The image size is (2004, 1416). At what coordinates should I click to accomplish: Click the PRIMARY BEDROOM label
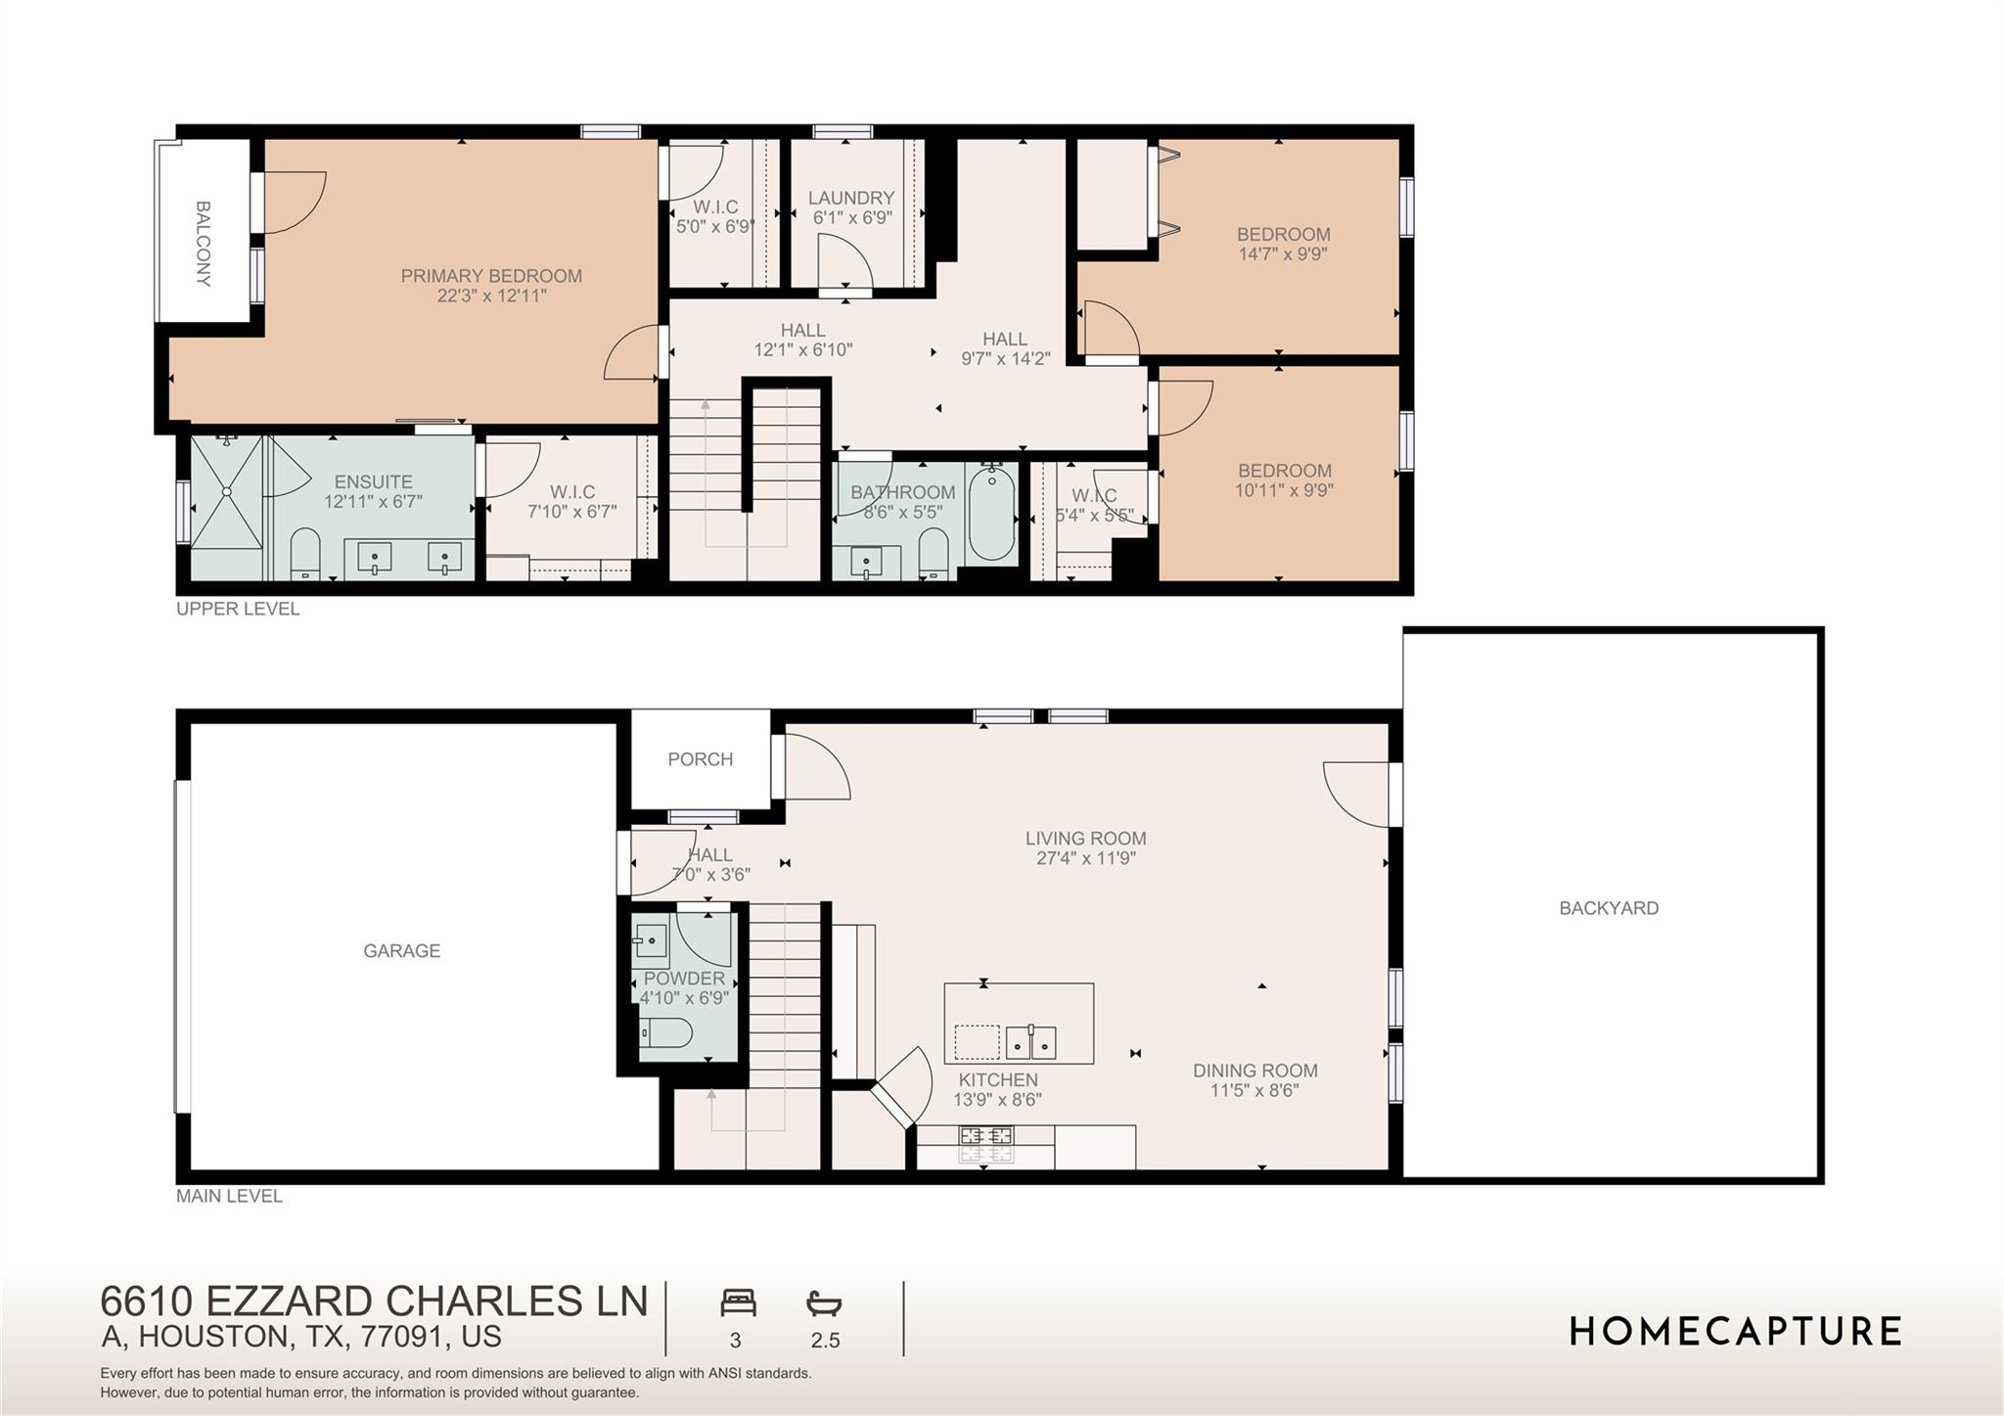(x=491, y=276)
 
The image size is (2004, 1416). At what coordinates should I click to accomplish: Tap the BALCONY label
(x=203, y=244)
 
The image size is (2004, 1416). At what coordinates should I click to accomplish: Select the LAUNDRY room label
(x=850, y=198)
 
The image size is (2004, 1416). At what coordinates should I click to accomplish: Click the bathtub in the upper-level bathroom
(x=991, y=514)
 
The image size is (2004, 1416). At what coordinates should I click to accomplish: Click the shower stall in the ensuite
(x=227, y=506)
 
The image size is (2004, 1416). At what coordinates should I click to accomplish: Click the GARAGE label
(x=401, y=950)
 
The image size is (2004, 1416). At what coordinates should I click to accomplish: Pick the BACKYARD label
(x=1608, y=908)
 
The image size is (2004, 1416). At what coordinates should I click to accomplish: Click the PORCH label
(x=700, y=759)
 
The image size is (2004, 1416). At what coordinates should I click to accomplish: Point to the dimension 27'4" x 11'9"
(x=1085, y=858)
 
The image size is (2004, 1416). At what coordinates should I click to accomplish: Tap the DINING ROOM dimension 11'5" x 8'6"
(x=1254, y=1090)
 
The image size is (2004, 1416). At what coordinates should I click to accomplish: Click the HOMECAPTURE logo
(x=1735, y=1331)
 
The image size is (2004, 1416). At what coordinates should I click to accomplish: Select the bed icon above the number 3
(x=738, y=1303)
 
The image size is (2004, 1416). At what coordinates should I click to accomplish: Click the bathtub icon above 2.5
(x=824, y=1303)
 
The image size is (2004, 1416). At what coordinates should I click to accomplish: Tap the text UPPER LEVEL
(x=238, y=609)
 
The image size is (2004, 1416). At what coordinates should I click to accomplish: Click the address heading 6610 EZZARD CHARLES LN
(x=374, y=1302)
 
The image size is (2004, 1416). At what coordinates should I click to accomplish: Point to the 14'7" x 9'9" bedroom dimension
(x=1283, y=254)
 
